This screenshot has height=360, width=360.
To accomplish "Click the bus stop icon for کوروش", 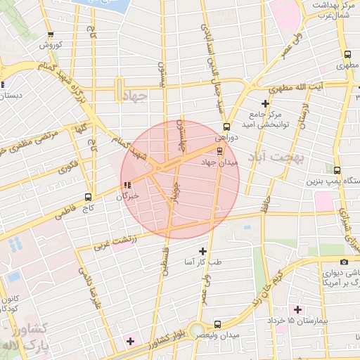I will [50, 34].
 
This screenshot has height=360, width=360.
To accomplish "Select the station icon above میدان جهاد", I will [220, 151].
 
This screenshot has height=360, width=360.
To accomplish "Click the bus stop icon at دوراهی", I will [226, 127].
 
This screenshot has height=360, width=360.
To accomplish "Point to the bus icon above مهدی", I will [347, 55].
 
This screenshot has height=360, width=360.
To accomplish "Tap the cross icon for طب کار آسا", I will [203, 251].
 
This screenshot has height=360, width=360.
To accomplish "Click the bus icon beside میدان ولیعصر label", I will [217, 324].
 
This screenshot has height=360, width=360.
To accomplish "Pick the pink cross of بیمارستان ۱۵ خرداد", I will [298, 309].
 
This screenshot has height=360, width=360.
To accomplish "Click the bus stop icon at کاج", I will [88, 197].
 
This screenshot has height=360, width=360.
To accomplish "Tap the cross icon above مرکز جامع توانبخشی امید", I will [265, 103].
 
